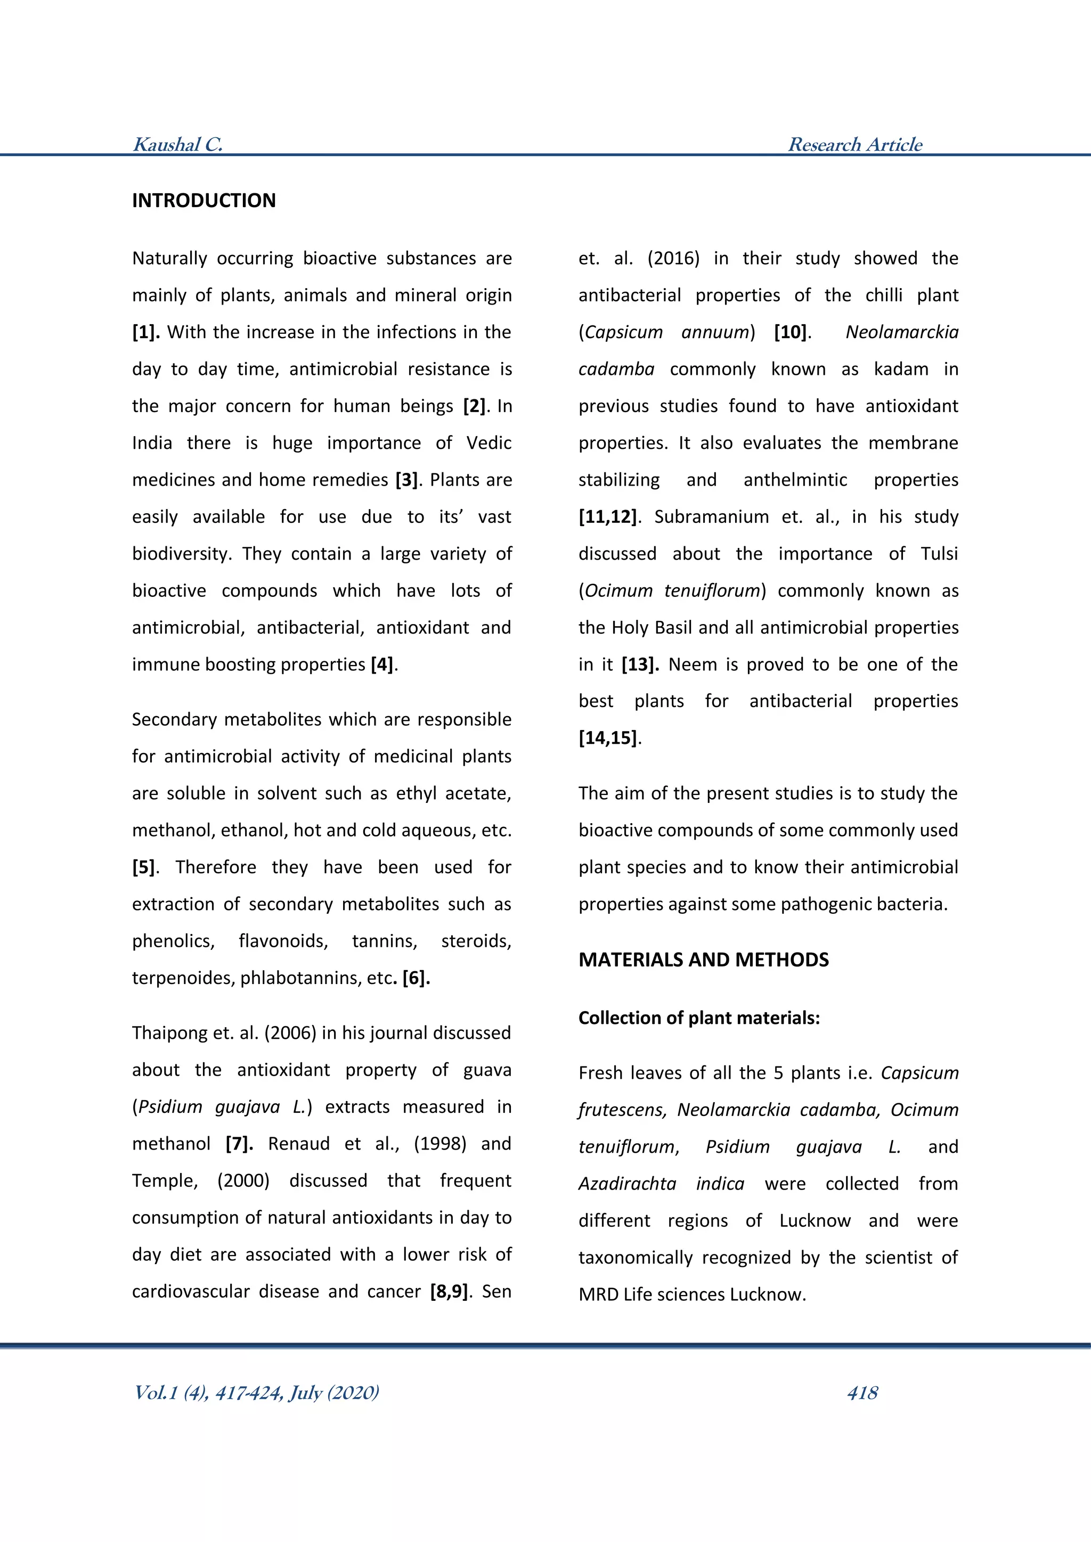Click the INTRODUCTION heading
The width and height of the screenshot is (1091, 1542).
[x=203, y=200]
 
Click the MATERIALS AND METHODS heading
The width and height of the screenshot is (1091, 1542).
[x=703, y=959]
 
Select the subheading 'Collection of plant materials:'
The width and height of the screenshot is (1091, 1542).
[x=699, y=1018]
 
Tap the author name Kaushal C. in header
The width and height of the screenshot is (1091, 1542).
[x=178, y=144]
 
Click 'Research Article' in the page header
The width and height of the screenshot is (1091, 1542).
[x=854, y=144]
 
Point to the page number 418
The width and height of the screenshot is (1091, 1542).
[x=862, y=1392]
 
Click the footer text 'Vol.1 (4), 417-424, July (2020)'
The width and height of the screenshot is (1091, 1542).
[x=256, y=1392]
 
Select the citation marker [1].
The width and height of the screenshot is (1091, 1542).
[x=145, y=332]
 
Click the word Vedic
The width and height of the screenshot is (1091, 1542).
[x=488, y=442]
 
